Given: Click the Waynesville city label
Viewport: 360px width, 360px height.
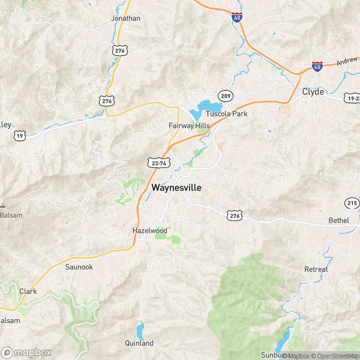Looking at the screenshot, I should pyautogui.click(x=176, y=187).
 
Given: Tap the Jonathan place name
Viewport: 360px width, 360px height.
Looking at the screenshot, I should pyautogui.click(x=125, y=18).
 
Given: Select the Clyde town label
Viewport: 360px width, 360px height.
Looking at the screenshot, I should pyautogui.click(x=313, y=92).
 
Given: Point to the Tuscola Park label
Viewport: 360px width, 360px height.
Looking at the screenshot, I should pyautogui.click(x=227, y=113).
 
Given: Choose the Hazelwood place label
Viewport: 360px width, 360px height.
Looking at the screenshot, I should pyautogui.click(x=149, y=230).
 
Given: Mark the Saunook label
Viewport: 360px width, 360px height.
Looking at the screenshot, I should pyautogui.click(x=79, y=267).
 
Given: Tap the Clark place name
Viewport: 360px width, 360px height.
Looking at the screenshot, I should pyautogui.click(x=28, y=292).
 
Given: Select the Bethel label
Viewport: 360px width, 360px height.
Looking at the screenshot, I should pyautogui.click(x=338, y=221).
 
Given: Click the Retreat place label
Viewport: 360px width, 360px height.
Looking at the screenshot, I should pyautogui.click(x=316, y=269).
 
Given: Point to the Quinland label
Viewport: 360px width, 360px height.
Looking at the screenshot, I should pyautogui.click(x=139, y=343).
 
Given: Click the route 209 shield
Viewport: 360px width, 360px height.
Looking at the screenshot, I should pyautogui.click(x=225, y=97).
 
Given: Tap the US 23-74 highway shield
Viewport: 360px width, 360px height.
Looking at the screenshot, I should pyautogui.click(x=157, y=162).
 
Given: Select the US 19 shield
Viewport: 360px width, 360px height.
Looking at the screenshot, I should pyautogui.click(x=20, y=136).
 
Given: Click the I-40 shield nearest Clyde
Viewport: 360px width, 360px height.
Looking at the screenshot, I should pyautogui.click(x=317, y=66).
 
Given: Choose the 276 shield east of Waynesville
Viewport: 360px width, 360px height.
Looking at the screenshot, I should pyautogui.click(x=234, y=214).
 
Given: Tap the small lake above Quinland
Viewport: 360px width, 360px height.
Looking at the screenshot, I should pyautogui.click(x=140, y=331).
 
